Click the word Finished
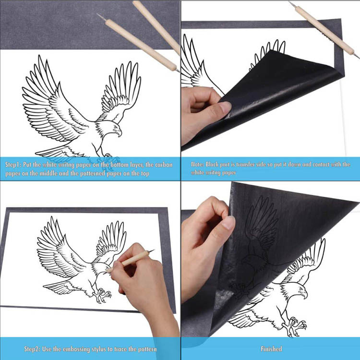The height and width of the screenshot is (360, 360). click(x=271, y=349)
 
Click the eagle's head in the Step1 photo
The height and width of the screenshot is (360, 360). click(x=115, y=129)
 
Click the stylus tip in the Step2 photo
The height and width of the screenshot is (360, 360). click(x=153, y=250)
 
